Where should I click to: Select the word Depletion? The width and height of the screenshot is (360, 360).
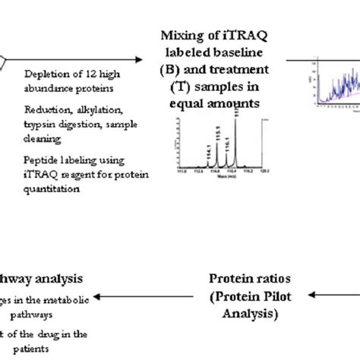45,74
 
